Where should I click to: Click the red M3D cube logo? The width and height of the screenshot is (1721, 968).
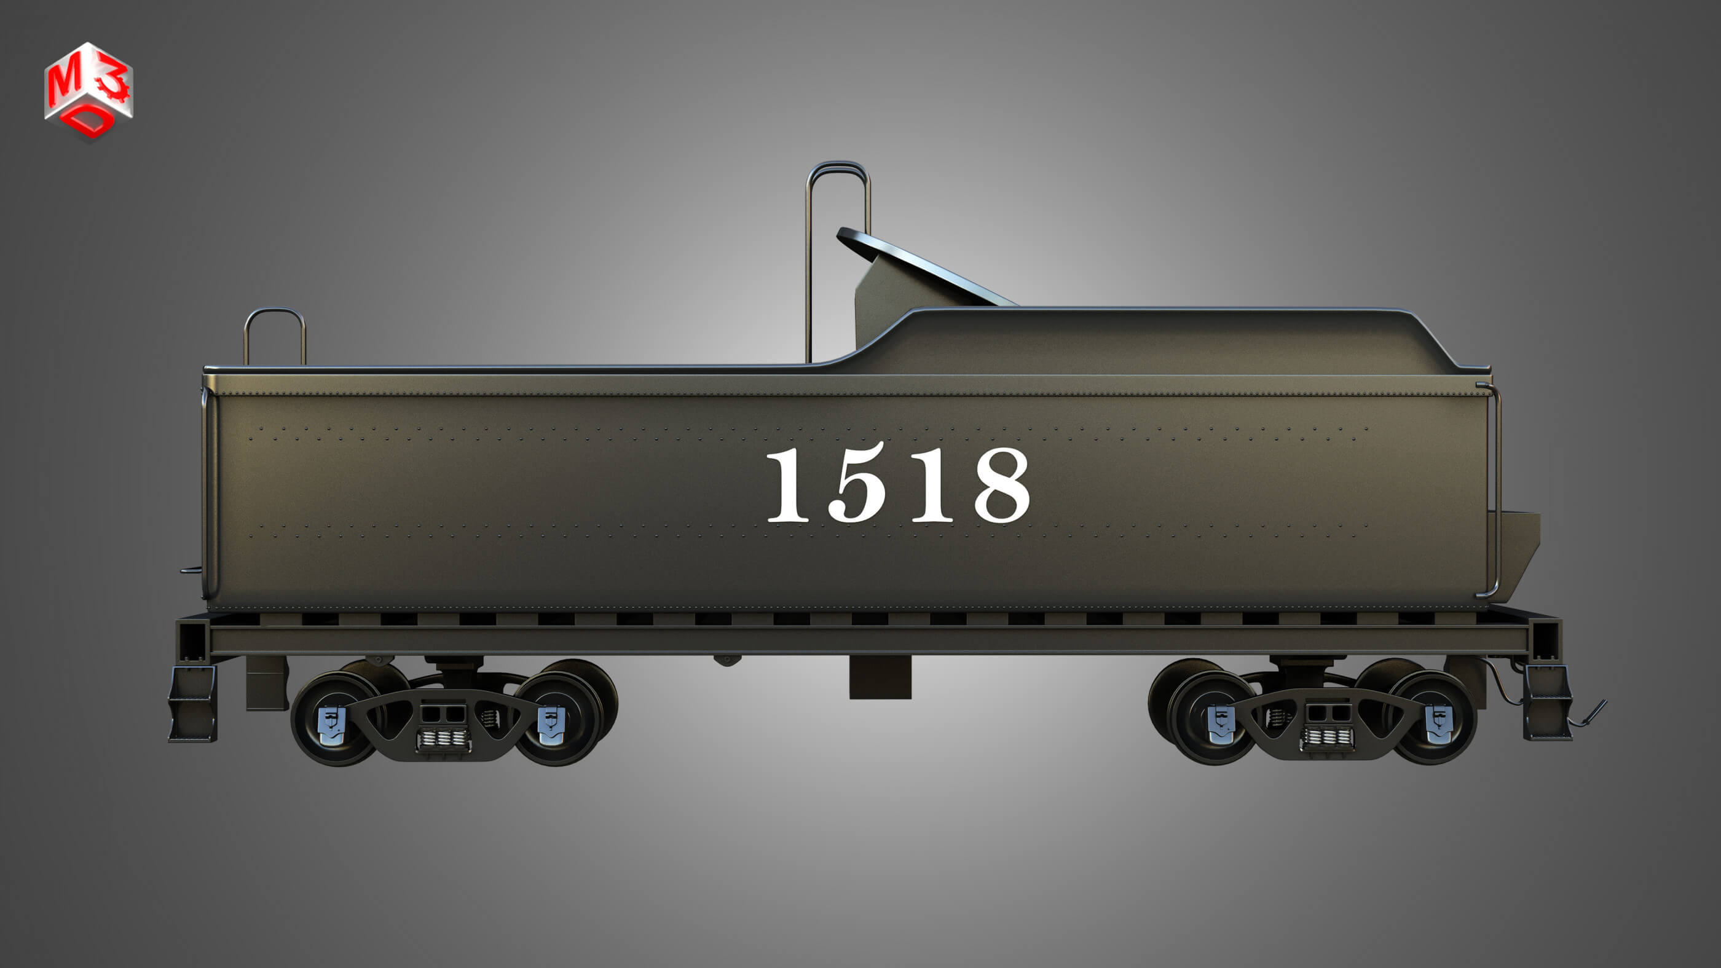pyautogui.click(x=89, y=92)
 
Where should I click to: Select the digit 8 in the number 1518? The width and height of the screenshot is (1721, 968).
pyautogui.click(x=1001, y=486)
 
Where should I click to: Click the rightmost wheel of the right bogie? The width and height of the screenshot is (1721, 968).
pyautogui.click(x=1436, y=718)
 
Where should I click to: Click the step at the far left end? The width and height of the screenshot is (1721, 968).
pyautogui.click(x=192, y=705)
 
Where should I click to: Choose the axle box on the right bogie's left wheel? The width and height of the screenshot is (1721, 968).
pyautogui.click(x=1222, y=724)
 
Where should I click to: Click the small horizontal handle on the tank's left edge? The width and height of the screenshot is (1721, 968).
pyautogui.click(x=191, y=570)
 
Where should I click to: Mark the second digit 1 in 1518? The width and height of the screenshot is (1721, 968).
pyautogui.click(x=932, y=486)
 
